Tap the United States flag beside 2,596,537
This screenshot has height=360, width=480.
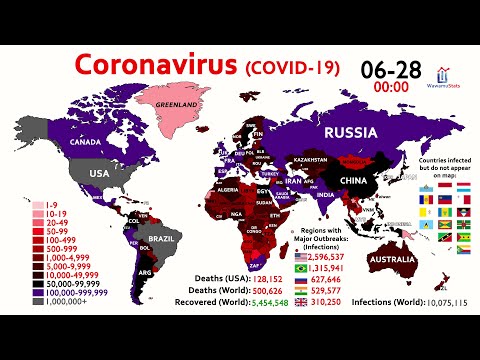(x=304, y=258)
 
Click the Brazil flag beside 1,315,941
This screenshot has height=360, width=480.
(x=304, y=269)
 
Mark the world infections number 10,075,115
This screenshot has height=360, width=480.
(x=441, y=301)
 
